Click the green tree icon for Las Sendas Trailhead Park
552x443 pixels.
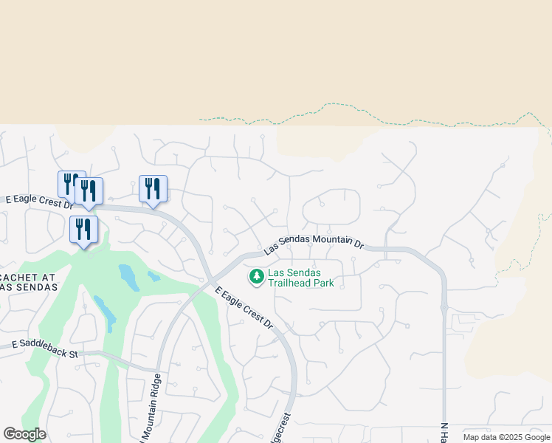point(257,276)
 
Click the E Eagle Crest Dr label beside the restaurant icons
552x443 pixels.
point(37,200)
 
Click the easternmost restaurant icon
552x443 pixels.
point(153,189)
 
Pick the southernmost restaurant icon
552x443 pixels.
point(83,230)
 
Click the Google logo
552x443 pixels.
point(24,434)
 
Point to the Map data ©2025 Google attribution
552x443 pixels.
point(506,437)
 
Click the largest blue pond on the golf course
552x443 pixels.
point(128,277)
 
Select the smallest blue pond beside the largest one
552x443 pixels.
point(153,277)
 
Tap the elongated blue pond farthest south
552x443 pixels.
point(105,314)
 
